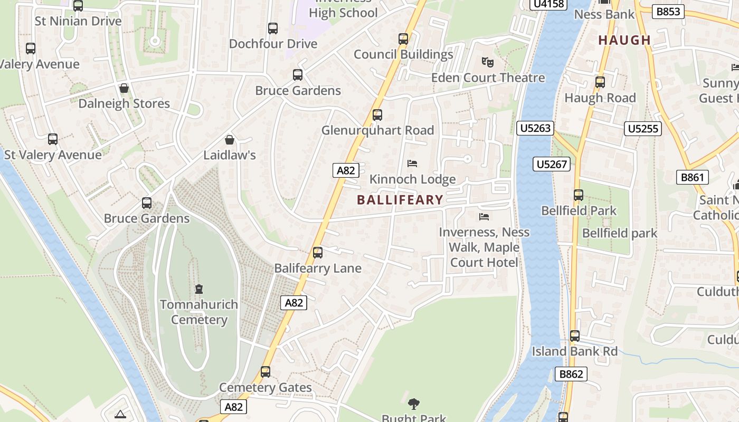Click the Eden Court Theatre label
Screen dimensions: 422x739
point(488,78)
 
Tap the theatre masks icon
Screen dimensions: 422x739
point(488,62)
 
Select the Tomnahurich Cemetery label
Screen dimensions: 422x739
point(199,312)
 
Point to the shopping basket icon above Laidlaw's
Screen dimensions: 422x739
point(230,140)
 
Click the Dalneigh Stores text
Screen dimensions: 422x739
point(124,103)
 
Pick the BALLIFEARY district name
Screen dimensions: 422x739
point(400,200)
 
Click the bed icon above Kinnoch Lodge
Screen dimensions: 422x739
point(412,164)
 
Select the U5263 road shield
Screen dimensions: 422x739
point(535,128)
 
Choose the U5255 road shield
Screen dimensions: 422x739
point(643,128)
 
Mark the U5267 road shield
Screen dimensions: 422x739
point(552,164)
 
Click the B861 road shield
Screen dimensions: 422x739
point(692,177)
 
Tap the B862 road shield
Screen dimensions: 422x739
point(571,374)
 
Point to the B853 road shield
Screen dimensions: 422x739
point(668,11)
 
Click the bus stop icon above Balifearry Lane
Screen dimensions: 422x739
point(318,253)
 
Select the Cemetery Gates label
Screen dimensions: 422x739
point(266,388)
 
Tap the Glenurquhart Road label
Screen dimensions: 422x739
point(378,130)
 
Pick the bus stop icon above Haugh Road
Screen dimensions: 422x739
point(600,82)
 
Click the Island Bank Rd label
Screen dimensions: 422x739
point(574,351)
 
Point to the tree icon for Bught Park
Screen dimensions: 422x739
point(414,404)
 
